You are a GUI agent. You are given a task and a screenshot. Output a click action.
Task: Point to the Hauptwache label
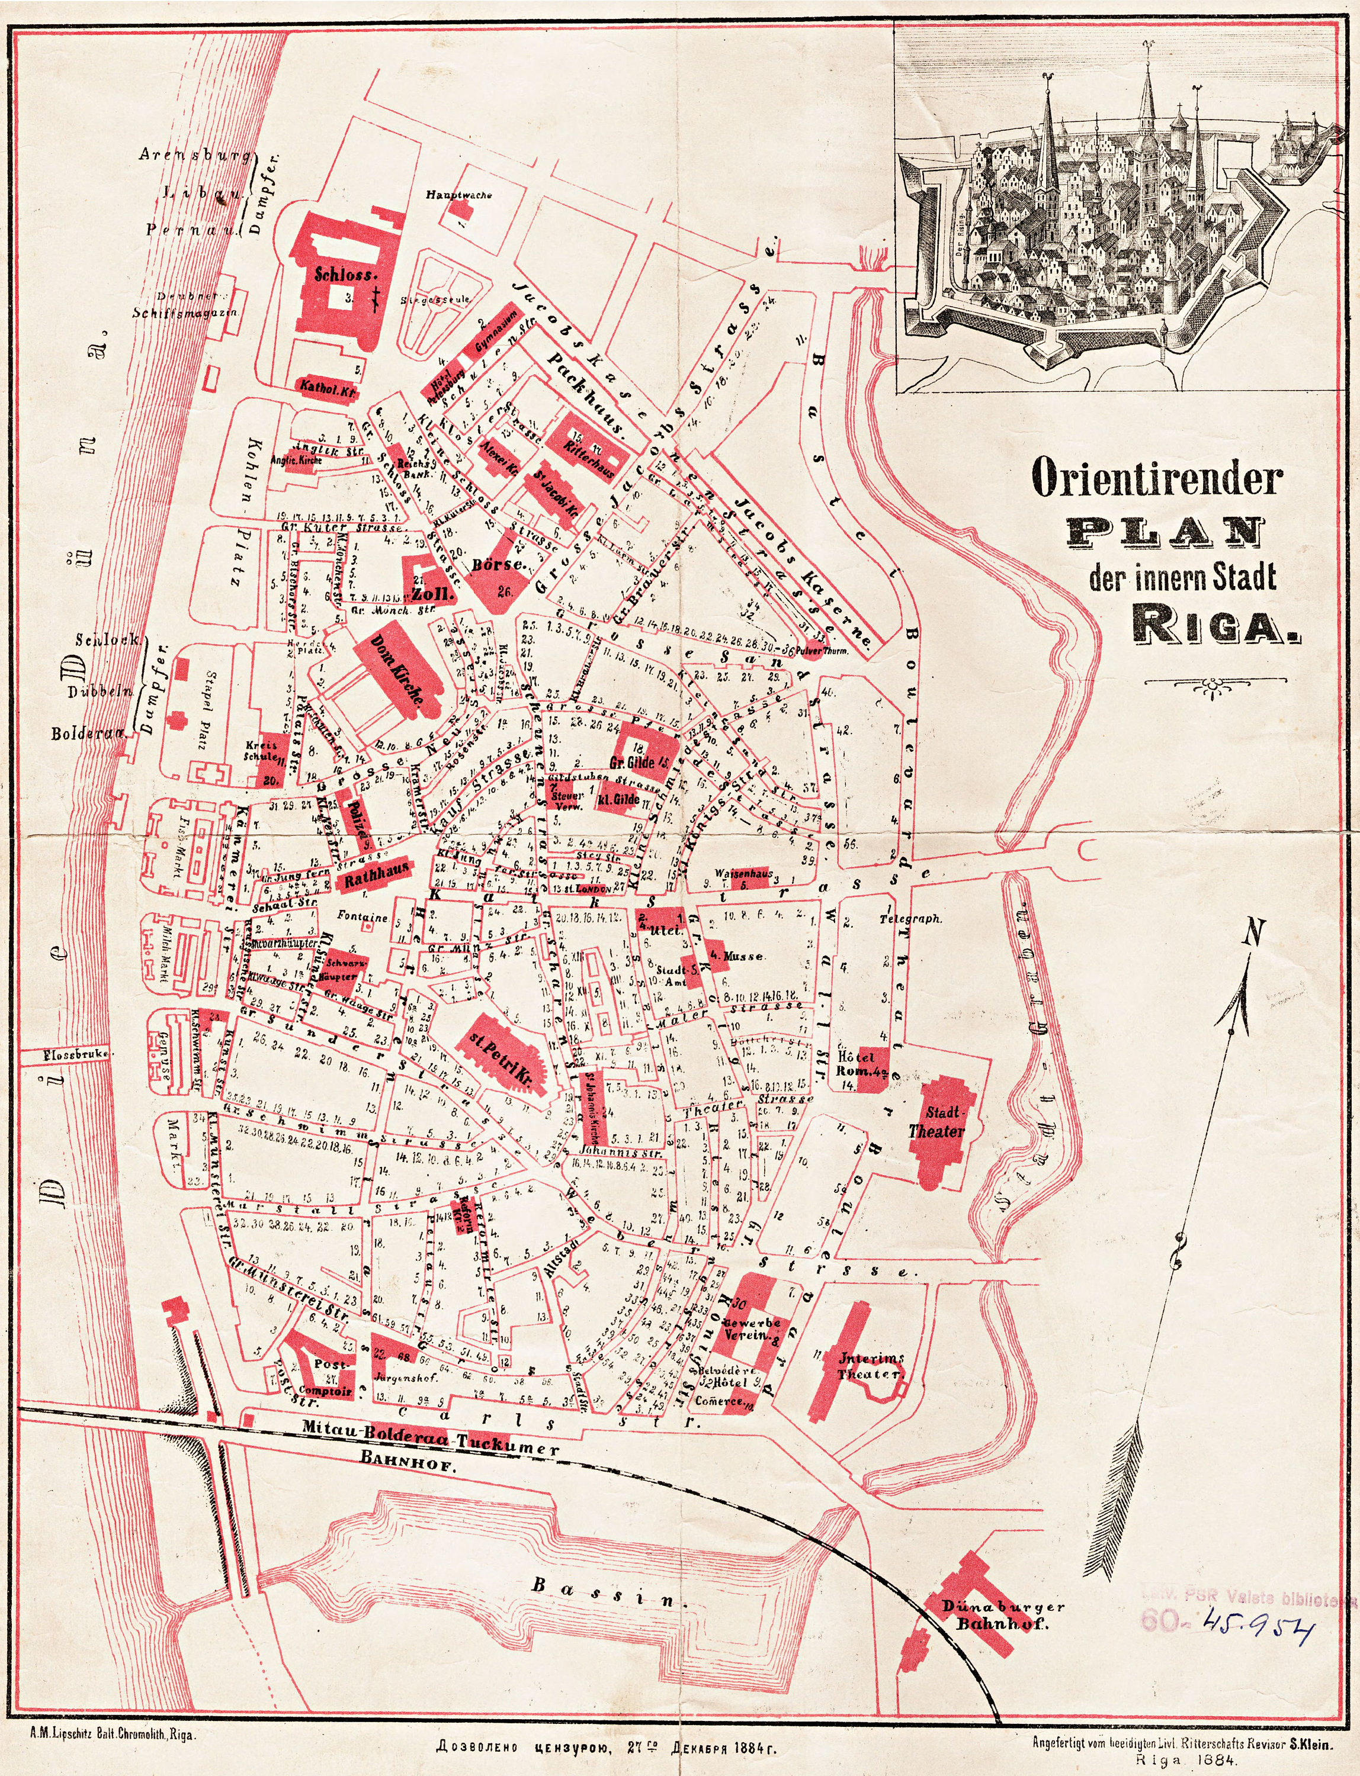click(459, 195)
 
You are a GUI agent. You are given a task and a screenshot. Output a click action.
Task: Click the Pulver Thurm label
click(823, 649)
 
